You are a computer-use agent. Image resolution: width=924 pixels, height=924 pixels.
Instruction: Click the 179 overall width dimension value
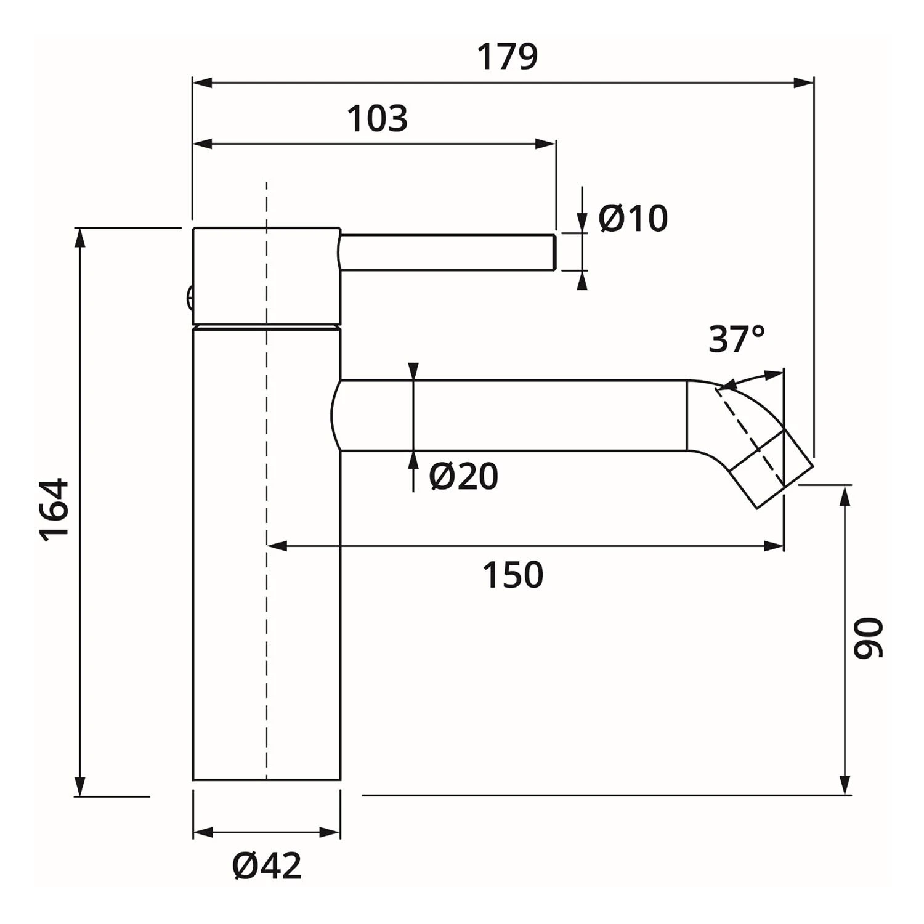pos(508,57)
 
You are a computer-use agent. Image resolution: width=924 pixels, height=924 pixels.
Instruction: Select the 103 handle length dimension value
pos(377,118)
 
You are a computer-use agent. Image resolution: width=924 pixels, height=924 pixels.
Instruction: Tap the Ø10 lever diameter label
pos(633,218)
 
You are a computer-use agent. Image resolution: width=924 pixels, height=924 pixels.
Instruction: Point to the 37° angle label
pos(736,339)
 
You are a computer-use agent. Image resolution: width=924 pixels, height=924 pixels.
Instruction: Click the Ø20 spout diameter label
pos(463,476)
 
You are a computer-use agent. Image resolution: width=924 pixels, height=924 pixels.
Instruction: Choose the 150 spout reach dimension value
pos(513,575)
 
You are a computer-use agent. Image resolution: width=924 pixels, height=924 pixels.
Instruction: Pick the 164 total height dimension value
pos(54,509)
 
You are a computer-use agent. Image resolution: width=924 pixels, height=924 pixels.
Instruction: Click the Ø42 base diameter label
pos(267,866)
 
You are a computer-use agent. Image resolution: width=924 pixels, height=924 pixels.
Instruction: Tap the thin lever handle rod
pos(448,252)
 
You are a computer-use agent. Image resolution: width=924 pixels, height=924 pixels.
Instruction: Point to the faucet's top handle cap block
pos(266,275)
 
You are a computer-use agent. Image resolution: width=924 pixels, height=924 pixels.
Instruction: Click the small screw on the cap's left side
pos(190,299)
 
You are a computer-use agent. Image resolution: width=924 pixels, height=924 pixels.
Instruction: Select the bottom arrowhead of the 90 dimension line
pos(846,785)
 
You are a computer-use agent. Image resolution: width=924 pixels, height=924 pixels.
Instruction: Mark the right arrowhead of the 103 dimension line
pos(546,144)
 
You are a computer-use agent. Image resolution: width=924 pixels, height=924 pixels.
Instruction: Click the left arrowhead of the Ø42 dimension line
pos(203,833)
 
